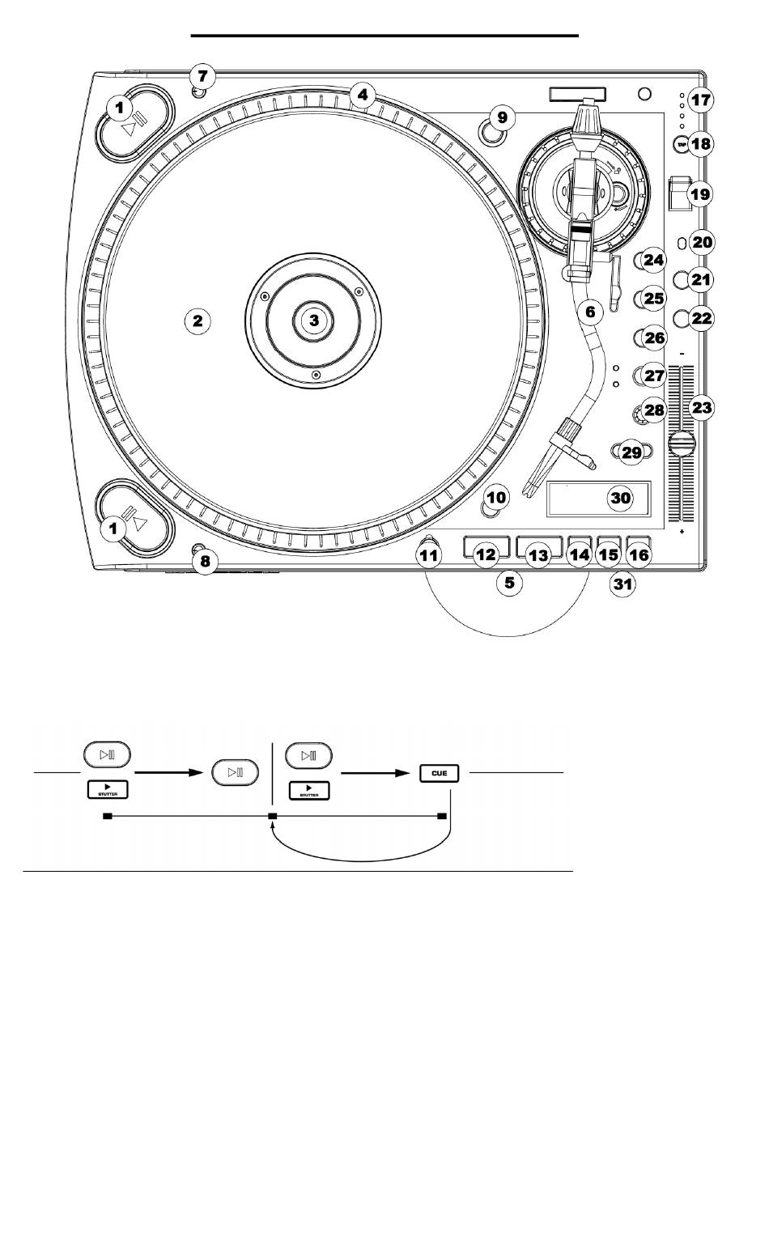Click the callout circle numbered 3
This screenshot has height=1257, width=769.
click(314, 321)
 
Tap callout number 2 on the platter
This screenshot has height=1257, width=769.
click(197, 321)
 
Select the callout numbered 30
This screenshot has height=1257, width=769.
click(620, 498)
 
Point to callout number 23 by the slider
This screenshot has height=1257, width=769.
click(701, 408)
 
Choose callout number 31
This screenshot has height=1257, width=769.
click(621, 586)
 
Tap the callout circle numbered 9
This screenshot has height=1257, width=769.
click(502, 117)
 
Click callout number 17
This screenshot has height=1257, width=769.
click(701, 101)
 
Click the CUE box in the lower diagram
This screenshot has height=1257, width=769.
click(440, 772)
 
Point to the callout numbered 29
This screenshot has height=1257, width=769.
click(631, 452)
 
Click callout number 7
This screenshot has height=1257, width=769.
click(203, 78)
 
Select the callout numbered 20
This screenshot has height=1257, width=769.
click(702, 241)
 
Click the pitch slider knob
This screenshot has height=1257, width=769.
click(682, 443)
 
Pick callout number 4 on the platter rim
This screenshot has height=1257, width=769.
click(363, 96)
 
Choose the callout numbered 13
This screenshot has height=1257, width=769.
click(538, 555)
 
